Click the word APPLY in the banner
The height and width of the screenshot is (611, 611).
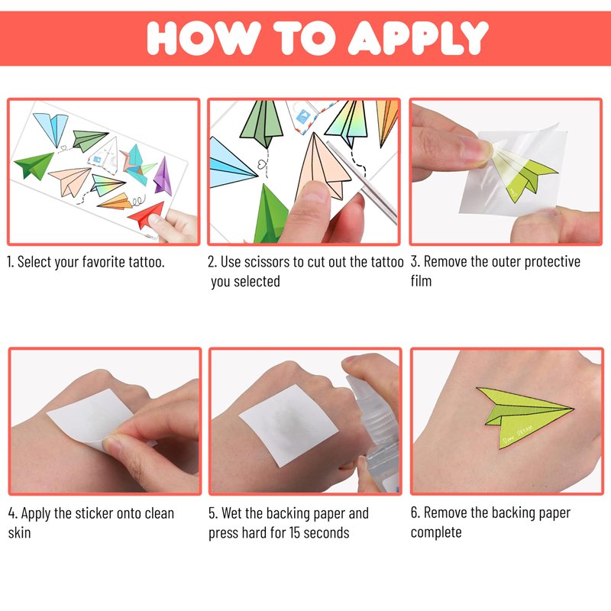point(418,37)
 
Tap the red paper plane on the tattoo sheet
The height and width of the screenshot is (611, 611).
point(146,215)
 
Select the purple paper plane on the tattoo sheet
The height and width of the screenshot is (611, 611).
point(163,176)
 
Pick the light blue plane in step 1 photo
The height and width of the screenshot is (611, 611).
point(52,128)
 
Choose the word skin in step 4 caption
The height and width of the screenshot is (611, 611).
point(20,532)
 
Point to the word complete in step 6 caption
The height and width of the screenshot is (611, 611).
point(436,532)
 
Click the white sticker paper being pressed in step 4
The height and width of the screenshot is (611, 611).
point(92,417)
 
